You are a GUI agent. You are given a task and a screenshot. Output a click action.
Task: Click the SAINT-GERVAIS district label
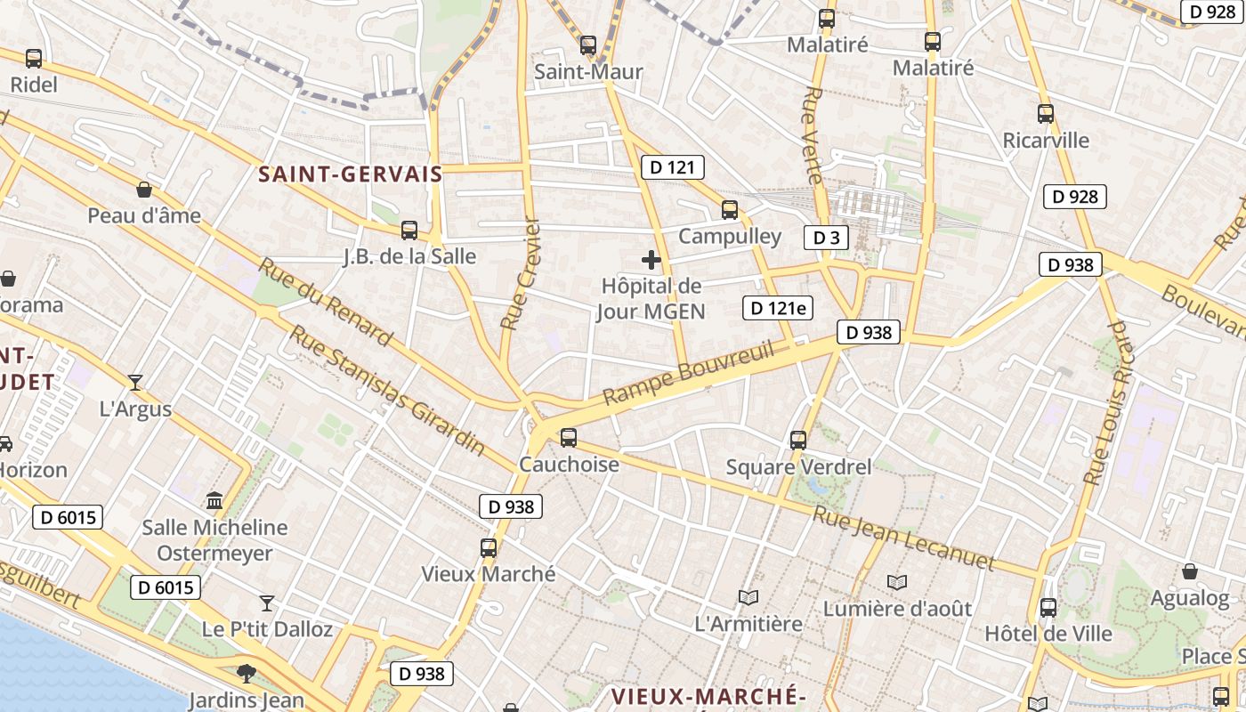[350, 174]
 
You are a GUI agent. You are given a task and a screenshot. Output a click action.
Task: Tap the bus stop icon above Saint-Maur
[587, 45]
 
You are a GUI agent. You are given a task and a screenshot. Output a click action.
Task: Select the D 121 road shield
[672, 167]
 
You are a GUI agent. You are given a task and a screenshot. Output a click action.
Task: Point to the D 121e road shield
[778, 308]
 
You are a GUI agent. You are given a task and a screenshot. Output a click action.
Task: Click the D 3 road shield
[826, 238]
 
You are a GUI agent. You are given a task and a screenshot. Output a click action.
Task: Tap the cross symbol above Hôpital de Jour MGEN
[651, 260]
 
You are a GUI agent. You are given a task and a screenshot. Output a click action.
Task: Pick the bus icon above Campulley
[730, 210]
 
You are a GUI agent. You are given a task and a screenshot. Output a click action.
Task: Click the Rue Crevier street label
[521, 274]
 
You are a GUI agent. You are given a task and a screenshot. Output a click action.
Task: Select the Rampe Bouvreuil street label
[687, 371]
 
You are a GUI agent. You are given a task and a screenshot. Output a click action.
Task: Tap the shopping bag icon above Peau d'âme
[144, 190]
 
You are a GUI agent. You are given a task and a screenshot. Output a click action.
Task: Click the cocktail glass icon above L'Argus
[135, 383]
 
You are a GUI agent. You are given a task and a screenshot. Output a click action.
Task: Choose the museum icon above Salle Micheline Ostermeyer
[214, 500]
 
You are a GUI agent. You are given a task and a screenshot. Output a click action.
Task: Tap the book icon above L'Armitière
[748, 597]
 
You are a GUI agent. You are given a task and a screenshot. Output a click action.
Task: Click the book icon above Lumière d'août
[897, 582]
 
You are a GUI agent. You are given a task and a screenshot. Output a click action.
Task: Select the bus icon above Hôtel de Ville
[1048, 608]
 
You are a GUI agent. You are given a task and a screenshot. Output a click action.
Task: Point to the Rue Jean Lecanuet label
[903, 537]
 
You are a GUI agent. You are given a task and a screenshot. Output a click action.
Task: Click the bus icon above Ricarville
[1046, 114]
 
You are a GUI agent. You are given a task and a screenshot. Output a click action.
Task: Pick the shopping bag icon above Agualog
[1190, 571]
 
